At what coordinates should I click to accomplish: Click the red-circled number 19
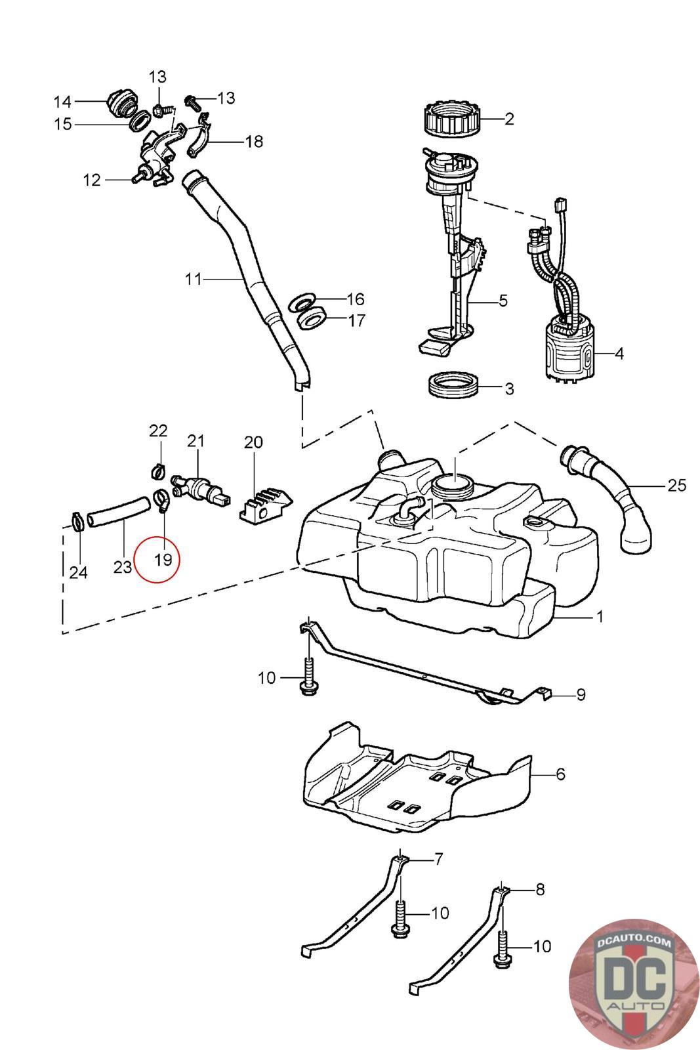(163, 560)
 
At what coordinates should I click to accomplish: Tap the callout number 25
(676, 485)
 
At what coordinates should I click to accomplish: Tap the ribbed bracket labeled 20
(266, 506)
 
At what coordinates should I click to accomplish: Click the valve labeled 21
(201, 489)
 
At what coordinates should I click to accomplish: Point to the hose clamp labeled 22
(159, 470)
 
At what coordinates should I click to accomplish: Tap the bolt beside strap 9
(308, 678)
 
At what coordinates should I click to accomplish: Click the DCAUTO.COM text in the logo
(634, 941)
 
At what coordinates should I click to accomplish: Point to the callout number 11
(193, 279)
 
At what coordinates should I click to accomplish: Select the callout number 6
(560, 774)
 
